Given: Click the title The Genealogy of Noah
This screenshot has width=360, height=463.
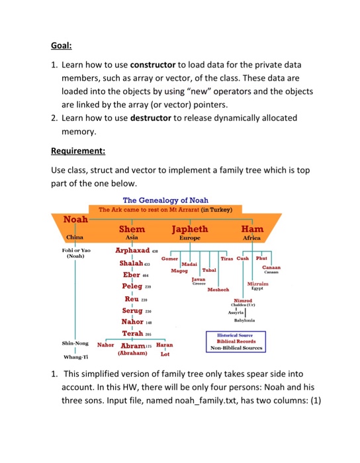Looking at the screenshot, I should [165, 200].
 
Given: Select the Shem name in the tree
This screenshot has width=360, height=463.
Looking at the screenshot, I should [132, 229].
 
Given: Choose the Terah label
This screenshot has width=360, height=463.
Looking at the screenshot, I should [133, 333].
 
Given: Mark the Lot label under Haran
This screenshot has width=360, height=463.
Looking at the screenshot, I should [165, 355].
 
